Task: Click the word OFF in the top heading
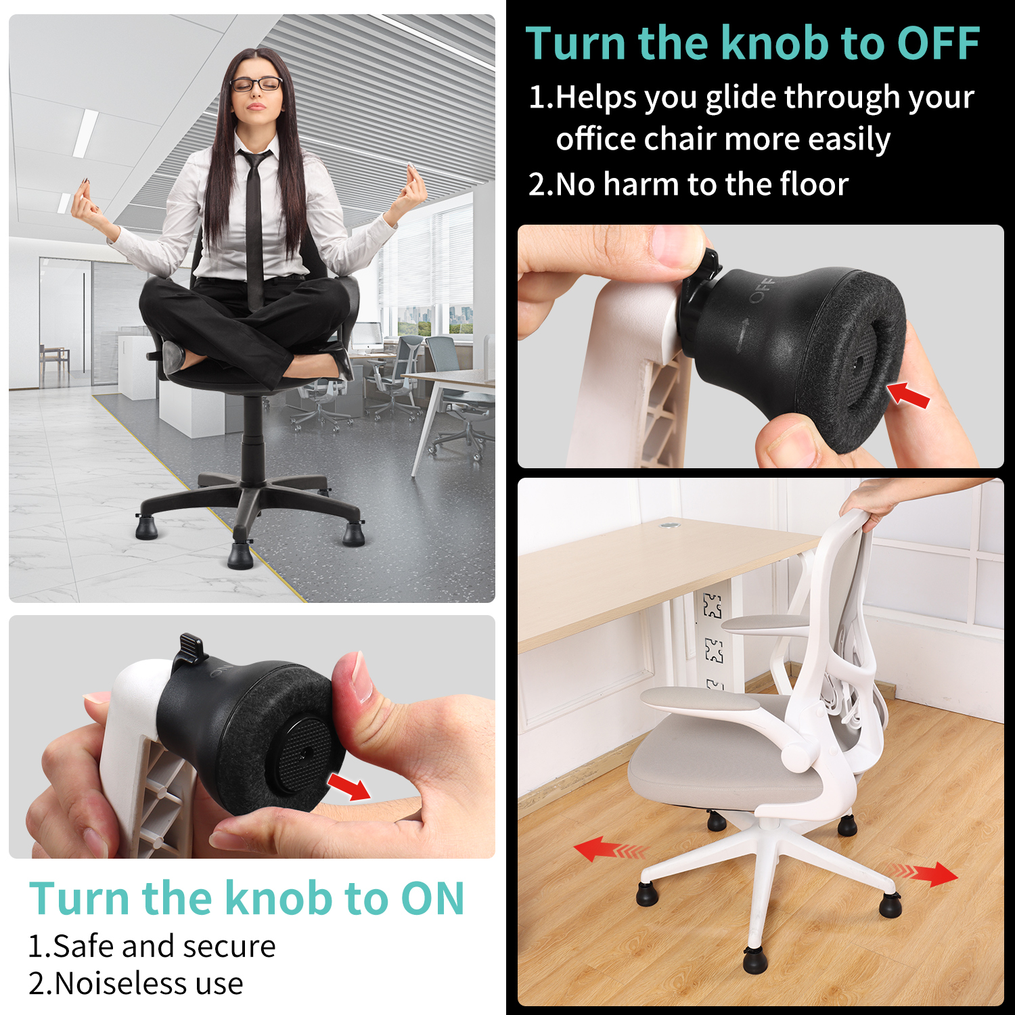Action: (x=939, y=43)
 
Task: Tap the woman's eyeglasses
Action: (x=256, y=85)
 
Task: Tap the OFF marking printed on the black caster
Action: (x=761, y=290)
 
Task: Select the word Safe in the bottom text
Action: (x=84, y=946)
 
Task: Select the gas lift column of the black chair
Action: (x=252, y=433)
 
